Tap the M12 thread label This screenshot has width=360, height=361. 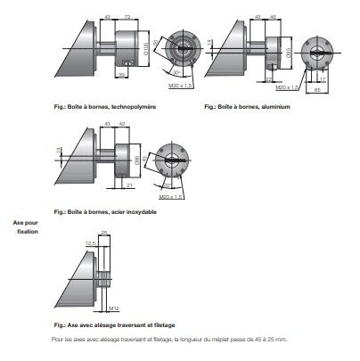[113, 309]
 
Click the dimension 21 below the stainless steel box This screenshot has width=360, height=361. [129, 185]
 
